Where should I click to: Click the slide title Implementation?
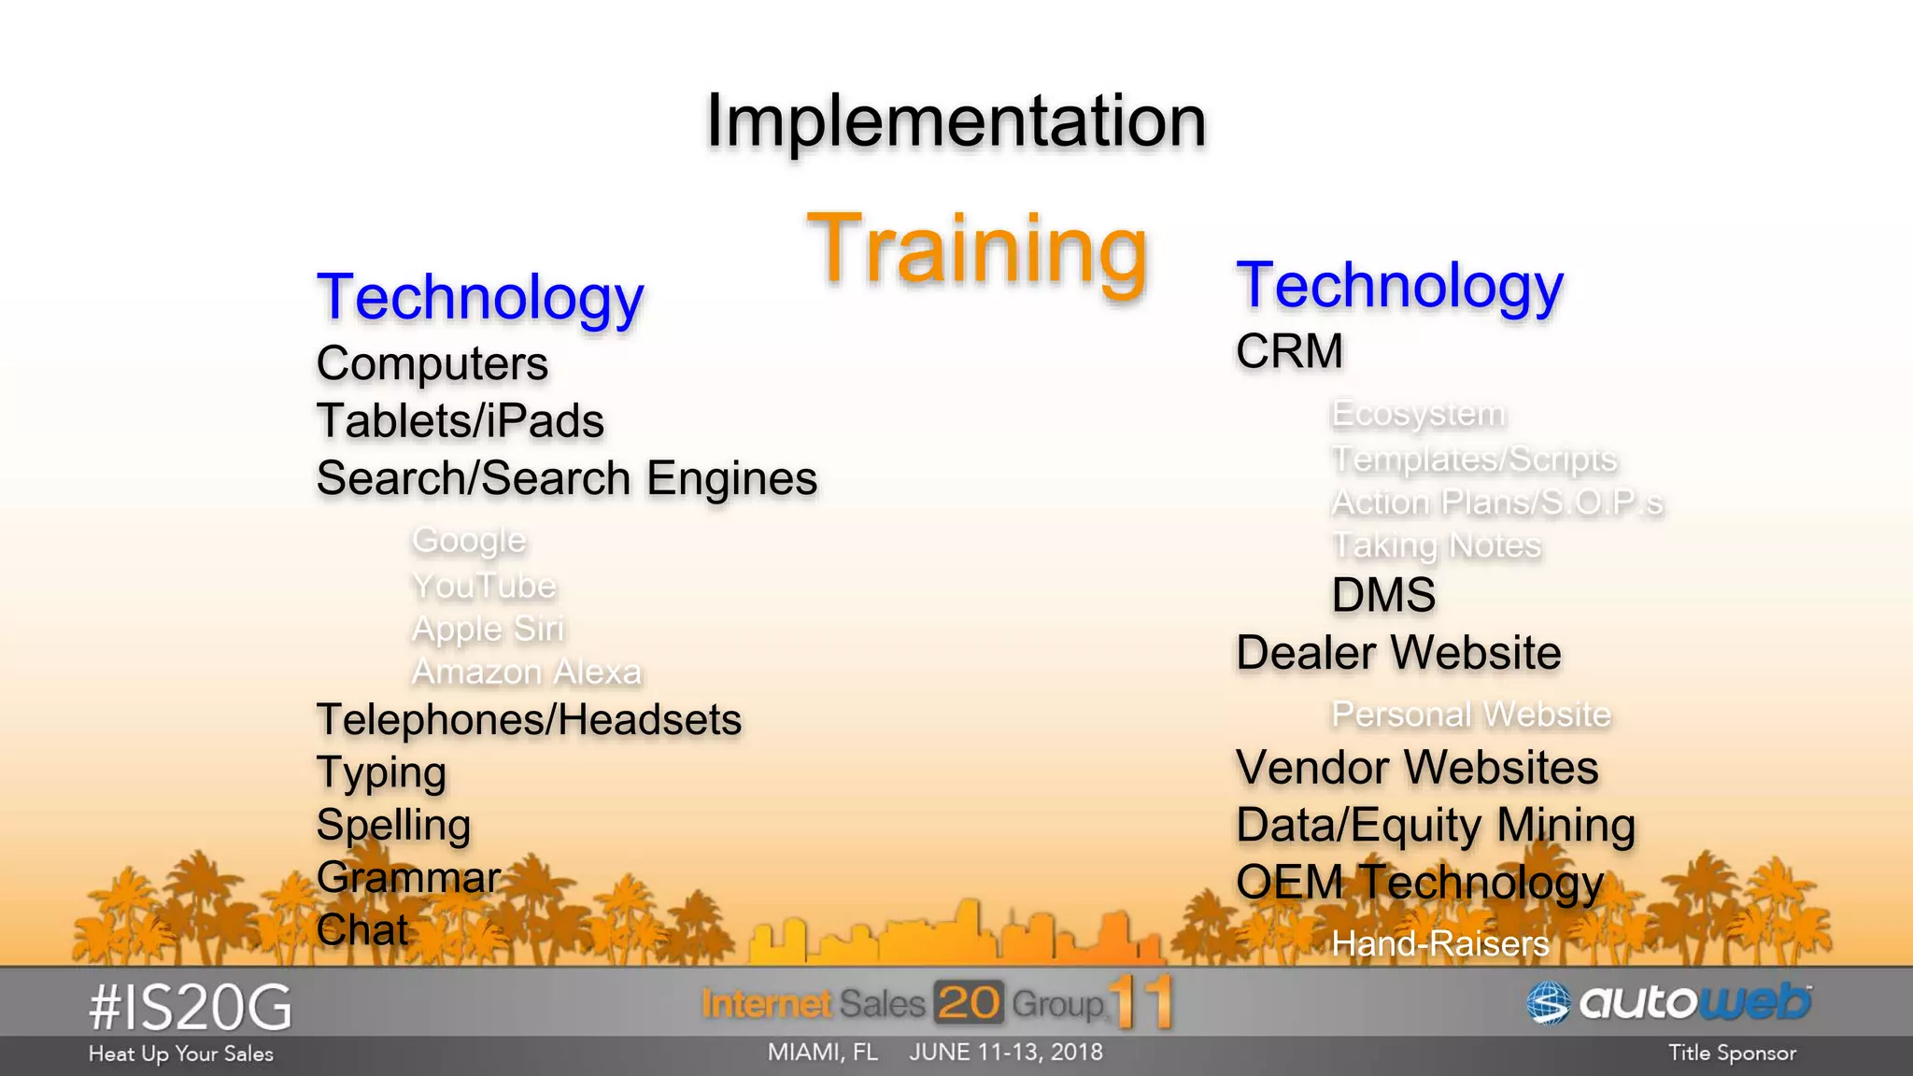click(x=956, y=121)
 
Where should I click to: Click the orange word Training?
click(x=977, y=248)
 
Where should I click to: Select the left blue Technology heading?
click(x=480, y=298)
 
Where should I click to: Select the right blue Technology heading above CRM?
click(x=1399, y=286)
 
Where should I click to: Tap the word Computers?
click(x=432, y=363)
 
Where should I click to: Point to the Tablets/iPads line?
click(x=460, y=421)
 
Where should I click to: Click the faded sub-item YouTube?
click(x=484, y=586)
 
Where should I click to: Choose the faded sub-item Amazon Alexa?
click(x=527, y=672)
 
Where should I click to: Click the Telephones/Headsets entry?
click(x=529, y=720)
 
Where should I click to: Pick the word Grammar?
click(x=408, y=878)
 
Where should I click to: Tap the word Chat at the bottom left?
click(x=362, y=930)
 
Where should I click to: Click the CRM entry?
click(x=1289, y=352)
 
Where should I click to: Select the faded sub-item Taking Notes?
click(x=1436, y=545)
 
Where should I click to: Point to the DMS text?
click(x=1383, y=596)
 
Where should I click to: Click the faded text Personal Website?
click(x=1470, y=715)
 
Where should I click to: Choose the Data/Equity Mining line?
click(x=1435, y=826)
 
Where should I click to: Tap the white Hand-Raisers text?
click(x=1439, y=944)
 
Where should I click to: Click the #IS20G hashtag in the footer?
click(x=191, y=1009)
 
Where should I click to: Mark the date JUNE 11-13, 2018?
click(x=1005, y=1053)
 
